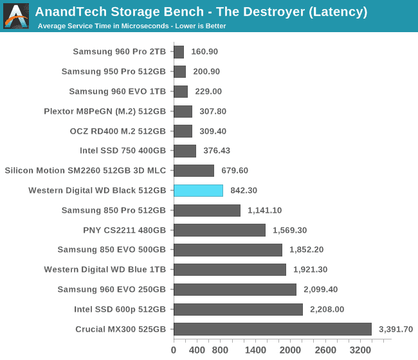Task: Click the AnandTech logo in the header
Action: point(16,16)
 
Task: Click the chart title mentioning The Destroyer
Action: point(201,12)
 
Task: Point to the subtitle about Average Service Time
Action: point(132,26)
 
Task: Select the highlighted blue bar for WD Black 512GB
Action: point(198,190)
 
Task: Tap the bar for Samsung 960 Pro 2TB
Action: point(179,51)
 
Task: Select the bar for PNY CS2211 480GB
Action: point(219,230)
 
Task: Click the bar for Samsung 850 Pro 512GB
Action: point(207,210)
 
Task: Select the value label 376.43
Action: point(216,150)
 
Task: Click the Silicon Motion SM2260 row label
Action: point(85,170)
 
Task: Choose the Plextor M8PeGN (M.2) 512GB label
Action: point(105,111)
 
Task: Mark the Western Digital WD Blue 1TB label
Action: point(105,270)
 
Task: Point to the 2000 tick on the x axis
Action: point(291,350)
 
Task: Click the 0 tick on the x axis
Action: point(174,350)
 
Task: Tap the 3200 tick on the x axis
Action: point(361,350)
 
